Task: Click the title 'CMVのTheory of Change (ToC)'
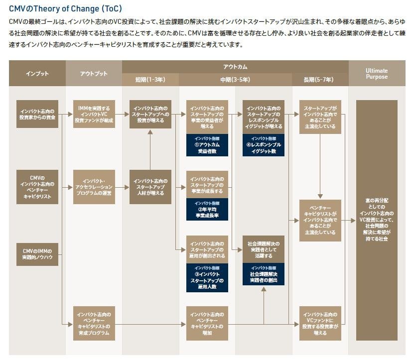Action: click(x=65, y=8)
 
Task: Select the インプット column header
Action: click(x=37, y=74)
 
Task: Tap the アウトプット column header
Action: click(x=94, y=74)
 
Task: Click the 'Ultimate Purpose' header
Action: click(x=376, y=74)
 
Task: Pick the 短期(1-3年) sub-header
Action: click(x=150, y=80)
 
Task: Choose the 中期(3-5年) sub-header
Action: click(x=235, y=80)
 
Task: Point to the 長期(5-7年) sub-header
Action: click(x=320, y=80)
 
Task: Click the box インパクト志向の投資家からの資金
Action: click(x=37, y=114)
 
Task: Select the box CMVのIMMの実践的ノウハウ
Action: click(x=37, y=253)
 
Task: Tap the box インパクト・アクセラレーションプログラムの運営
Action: click(x=94, y=187)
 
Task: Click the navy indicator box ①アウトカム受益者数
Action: click(x=207, y=144)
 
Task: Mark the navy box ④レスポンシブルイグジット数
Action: click(x=264, y=144)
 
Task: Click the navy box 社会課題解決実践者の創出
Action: click(x=264, y=274)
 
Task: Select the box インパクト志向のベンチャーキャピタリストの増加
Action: click(x=207, y=323)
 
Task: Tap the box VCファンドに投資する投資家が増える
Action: click(x=320, y=323)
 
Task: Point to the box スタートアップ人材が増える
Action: click(x=150, y=187)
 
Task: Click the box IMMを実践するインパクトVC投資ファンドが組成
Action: click(x=94, y=114)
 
